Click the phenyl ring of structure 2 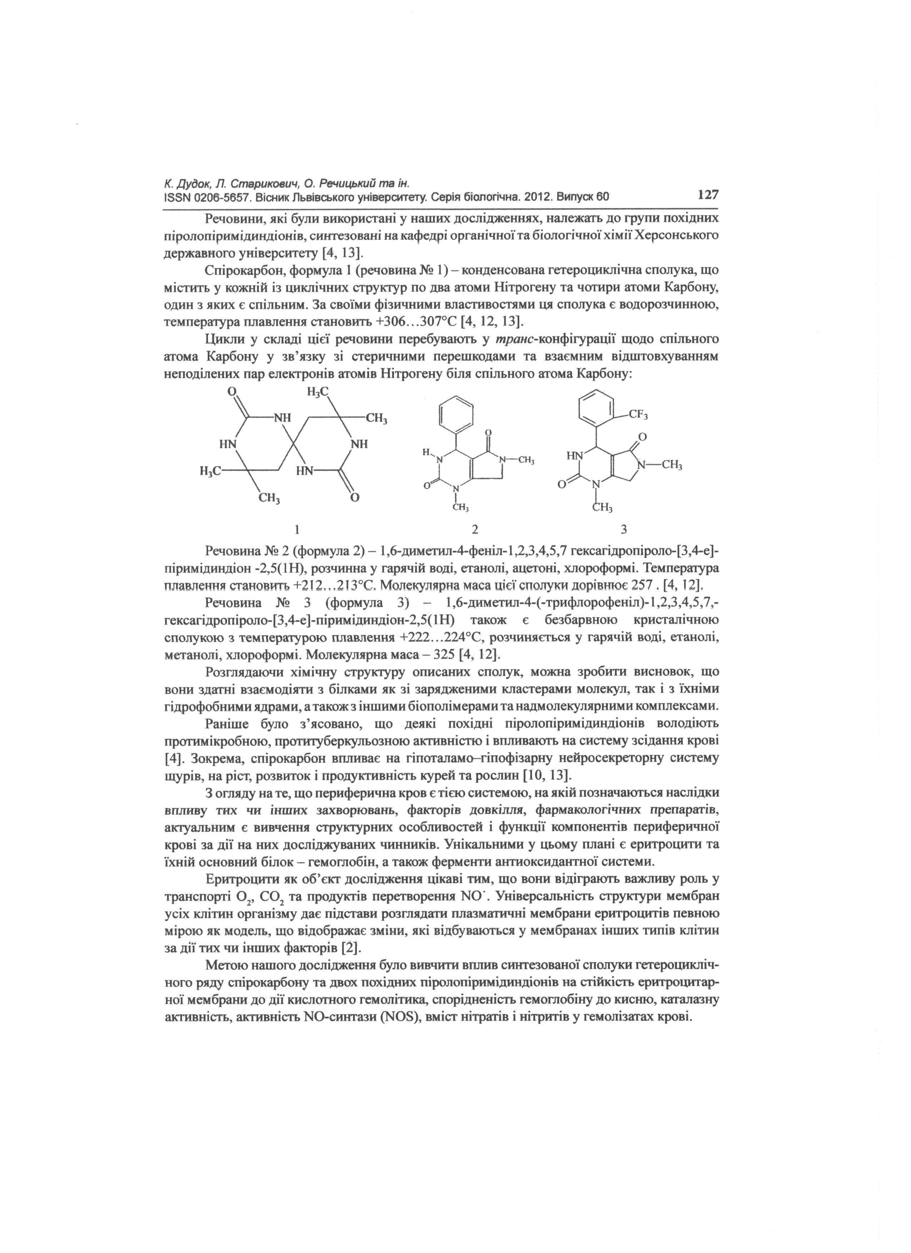[457, 414]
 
